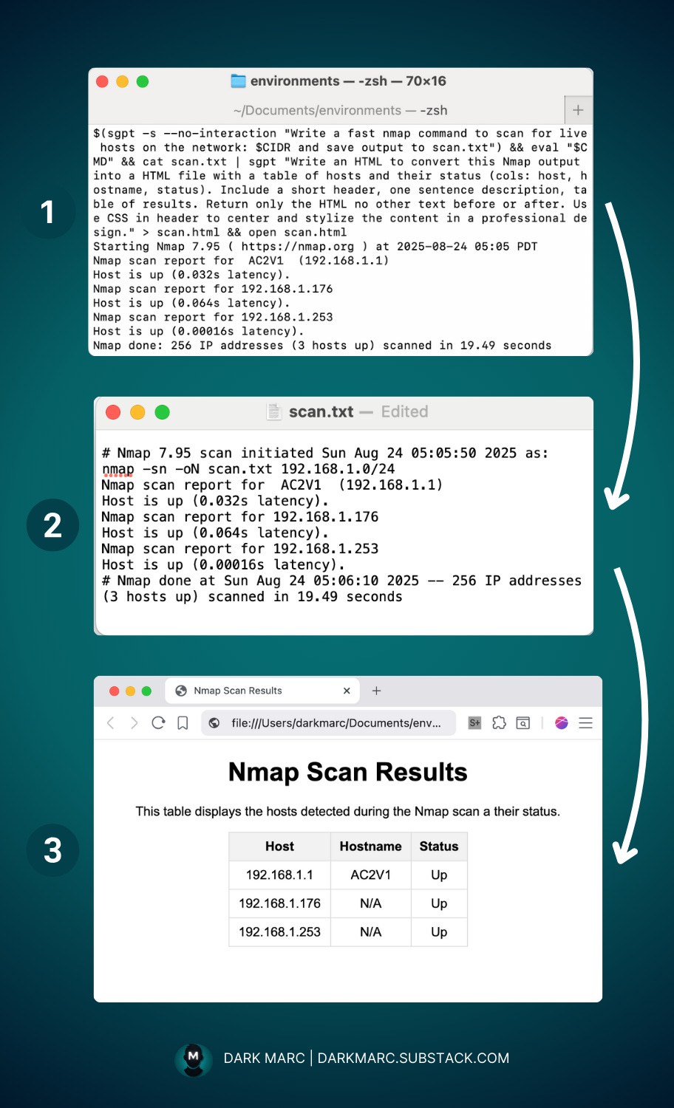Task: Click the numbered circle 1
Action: coord(48,213)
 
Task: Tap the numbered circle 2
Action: coord(52,525)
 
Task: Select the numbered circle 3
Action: coord(52,850)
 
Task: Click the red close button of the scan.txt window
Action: coord(113,412)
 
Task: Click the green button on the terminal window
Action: coord(143,81)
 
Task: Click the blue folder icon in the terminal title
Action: coord(238,81)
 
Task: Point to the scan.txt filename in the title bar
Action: coord(321,412)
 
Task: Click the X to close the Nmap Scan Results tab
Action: coord(347,691)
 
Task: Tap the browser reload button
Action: coord(158,723)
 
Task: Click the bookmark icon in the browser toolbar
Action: coord(183,723)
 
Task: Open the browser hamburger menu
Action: coord(585,723)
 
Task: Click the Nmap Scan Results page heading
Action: coord(347,772)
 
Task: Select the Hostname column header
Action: coord(370,847)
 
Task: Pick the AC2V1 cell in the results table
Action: coord(370,875)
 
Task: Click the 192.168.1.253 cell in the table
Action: coord(279,932)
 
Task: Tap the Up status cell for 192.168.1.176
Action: coord(439,903)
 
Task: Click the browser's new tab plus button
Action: coord(376,691)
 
